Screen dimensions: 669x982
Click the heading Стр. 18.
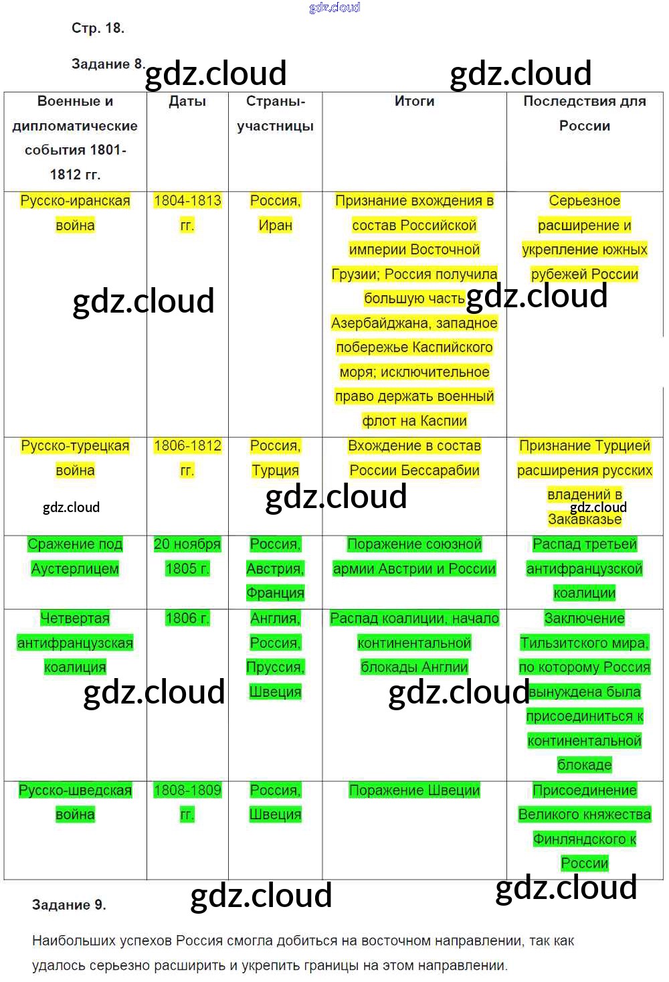coord(98,28)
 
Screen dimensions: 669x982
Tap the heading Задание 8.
coord(107,64)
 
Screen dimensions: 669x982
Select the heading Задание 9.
coord(69,904)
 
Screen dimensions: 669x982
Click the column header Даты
coord(187,102)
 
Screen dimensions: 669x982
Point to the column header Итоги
coord(414,102)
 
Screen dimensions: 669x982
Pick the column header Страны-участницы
coord(275,114)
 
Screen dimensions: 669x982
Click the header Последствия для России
coord(584,114)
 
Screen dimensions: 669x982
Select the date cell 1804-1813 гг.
coord(187,213)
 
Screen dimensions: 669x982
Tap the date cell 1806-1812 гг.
coord(187,458)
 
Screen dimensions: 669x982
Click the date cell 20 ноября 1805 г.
coord(187,556)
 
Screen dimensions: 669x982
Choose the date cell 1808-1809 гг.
coord(187,802)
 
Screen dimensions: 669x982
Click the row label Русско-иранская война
coord(75,213)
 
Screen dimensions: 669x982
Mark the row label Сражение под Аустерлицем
coord(75,556)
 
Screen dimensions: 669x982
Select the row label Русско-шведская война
coord(75,802)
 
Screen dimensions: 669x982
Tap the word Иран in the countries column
coord(275,226)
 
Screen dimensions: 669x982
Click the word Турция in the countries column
coord(275,471)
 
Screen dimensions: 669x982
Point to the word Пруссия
coord(275,667)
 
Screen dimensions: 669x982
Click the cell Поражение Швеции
coord(414,791)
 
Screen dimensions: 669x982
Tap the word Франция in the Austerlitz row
coord(275,593)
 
